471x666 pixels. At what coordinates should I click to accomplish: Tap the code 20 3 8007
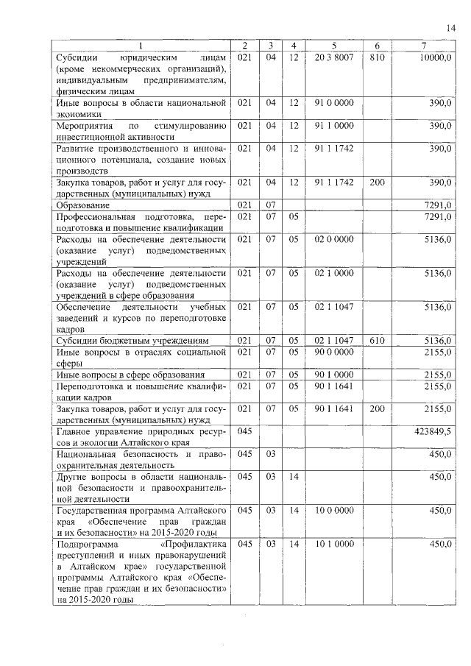pos(334,57)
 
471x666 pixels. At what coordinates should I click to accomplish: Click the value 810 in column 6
pos(377,57)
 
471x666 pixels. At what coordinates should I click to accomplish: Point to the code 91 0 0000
pos(334,103)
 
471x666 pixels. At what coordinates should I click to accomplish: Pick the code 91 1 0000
pos(334,126)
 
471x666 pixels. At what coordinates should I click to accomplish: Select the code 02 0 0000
pos(334,239)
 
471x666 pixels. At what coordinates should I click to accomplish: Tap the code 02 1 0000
pos(334,273)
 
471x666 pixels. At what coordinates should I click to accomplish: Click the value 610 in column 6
pos(377,341)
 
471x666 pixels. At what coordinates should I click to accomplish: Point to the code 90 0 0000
pos(334,352)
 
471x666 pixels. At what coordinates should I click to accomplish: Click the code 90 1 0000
pos(334,375)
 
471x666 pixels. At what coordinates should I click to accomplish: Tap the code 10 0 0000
pos(334,510)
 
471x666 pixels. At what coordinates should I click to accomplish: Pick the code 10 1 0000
pos(334,544)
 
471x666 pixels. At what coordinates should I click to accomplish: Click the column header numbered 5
pos(334,46)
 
